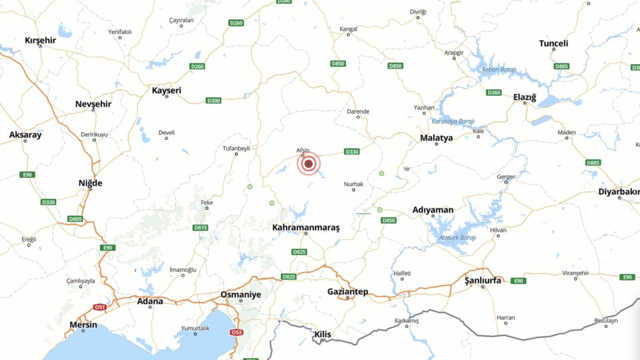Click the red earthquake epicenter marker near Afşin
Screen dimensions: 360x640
309,163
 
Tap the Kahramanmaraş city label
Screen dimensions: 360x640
306,227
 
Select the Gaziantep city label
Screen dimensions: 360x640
347,292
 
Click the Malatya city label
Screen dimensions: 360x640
436,138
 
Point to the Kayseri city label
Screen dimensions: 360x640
167,90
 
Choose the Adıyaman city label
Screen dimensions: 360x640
433,210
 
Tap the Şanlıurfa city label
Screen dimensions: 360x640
483,281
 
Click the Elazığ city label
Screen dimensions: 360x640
525,97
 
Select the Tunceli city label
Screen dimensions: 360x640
553,43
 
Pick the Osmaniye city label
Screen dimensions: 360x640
241,294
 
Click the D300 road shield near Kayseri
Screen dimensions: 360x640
213,101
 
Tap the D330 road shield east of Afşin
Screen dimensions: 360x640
352,152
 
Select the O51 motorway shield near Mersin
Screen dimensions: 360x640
100,307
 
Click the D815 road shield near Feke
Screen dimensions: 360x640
201,227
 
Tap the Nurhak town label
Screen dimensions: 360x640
353,183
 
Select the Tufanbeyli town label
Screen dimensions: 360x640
237,148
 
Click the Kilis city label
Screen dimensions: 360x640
323,334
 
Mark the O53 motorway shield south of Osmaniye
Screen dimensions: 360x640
236,332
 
